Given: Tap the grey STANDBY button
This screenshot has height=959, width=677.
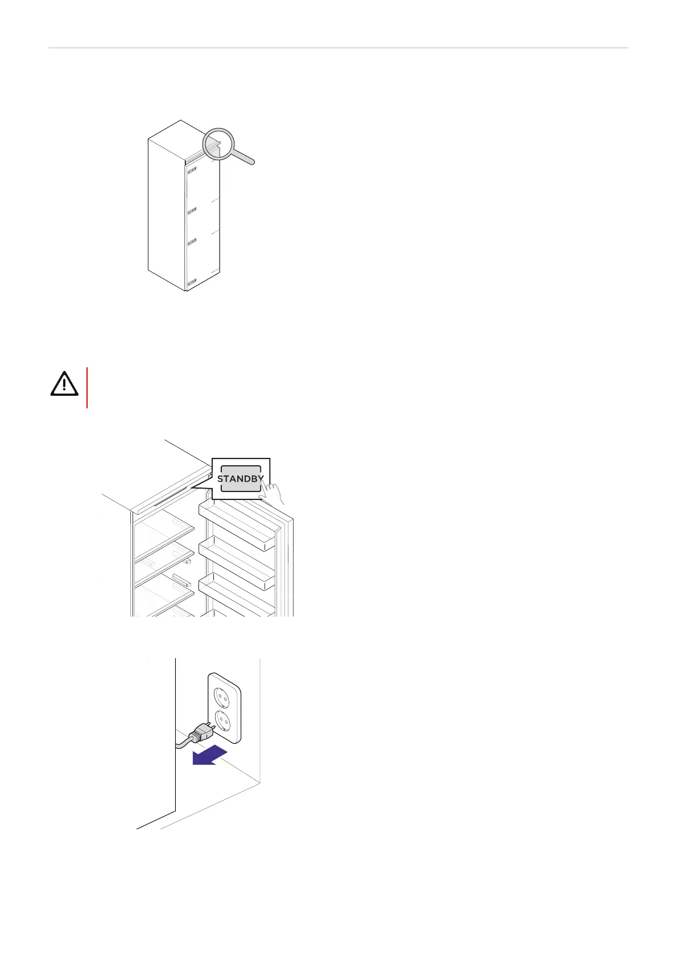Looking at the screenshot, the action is point(241,478).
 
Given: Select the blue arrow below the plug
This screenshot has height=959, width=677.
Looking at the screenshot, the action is point(209,756).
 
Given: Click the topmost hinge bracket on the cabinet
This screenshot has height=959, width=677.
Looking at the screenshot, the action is point(192,170).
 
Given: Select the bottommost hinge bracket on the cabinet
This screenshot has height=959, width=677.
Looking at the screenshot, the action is point(192,282).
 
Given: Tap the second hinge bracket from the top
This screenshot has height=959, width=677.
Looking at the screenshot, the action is point(192,211).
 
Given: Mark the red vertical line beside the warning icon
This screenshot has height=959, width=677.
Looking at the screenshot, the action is point(87,388).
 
